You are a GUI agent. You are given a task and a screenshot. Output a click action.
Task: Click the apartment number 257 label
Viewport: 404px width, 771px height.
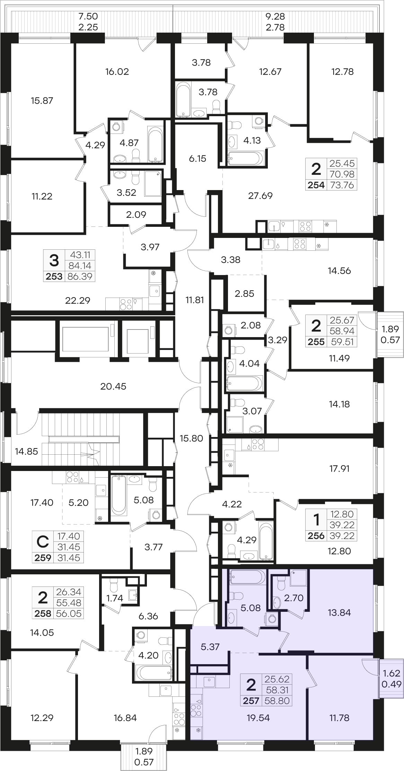251,701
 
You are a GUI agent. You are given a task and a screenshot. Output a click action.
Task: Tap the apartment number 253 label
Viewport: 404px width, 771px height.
54,276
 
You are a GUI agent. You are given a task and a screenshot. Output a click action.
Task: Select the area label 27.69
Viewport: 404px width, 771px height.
260,196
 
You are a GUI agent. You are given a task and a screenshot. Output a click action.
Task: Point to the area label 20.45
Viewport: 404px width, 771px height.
113,386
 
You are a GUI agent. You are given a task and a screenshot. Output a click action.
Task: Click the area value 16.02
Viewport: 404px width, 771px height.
117,71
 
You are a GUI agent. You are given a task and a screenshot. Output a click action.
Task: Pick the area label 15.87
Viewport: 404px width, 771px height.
42,101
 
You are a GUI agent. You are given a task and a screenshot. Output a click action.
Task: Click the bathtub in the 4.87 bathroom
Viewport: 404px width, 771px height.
155,144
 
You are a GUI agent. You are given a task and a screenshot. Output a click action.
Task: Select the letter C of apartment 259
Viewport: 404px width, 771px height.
43,541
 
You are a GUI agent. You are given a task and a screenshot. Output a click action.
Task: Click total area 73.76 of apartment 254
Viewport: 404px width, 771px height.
342,185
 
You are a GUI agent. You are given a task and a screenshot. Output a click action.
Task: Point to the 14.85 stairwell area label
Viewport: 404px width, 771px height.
26,451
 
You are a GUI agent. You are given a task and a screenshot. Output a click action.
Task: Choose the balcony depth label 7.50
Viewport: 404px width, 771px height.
88,16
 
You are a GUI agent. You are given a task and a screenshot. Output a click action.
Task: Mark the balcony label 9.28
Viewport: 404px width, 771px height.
275,16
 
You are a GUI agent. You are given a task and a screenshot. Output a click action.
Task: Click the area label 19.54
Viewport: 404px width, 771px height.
258,718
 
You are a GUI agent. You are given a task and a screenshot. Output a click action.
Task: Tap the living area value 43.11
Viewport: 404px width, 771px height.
80,255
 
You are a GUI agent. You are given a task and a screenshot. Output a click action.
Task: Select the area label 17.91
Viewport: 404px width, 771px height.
339,469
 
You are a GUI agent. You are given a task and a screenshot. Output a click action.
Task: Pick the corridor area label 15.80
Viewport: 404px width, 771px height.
191,438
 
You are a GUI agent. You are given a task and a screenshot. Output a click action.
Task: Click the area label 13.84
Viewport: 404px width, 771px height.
339,612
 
